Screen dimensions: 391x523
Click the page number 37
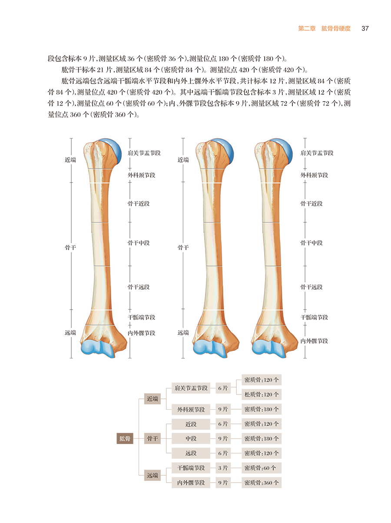[x=365, y=29]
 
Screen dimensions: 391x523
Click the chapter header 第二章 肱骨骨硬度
[x=324, y=29]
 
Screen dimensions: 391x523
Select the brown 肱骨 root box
[x=125, y=439]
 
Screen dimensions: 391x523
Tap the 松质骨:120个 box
[x=262, y=394]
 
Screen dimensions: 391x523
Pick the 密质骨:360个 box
[x=262, y=483]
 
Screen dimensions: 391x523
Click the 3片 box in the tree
[x=223, y=468]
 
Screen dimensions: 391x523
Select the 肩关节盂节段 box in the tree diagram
[x=191, y=387]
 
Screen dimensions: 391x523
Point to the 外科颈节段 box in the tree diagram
[x=191, y=409]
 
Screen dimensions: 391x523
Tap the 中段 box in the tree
[x=191, y=439]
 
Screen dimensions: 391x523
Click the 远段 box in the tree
[x=191, y=453]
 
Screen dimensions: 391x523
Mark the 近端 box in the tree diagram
[x=152, y=398]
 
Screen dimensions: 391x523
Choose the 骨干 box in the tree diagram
[x=152, y=439]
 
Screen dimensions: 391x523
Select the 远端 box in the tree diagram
[x=152, y=475]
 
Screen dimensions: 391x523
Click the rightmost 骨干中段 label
[x=311, y=243]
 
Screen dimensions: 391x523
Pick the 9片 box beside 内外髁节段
[x=223, y=483]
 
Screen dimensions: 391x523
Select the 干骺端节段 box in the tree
[x=191, y=468]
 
